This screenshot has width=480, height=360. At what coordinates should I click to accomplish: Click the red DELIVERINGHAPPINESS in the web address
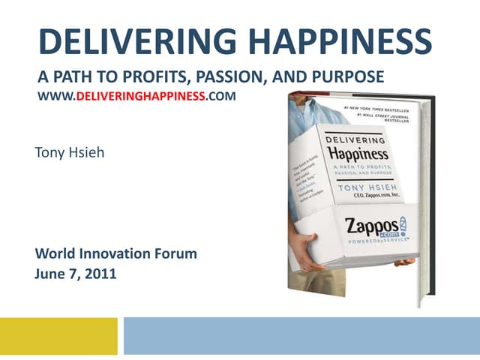click(142, 97)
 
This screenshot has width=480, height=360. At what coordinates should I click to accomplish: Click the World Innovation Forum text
click(116, 253)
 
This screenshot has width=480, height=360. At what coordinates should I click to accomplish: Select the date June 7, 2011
click(76, 273)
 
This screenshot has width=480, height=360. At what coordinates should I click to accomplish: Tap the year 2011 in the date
click(101, 273)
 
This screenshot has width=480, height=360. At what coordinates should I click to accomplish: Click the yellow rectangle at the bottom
click(58, 335)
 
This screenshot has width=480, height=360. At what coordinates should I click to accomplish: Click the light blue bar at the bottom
click(300, 335)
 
